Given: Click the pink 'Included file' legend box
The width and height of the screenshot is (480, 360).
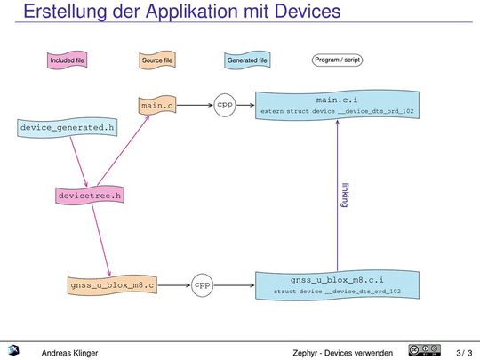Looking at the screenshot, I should tap(68, 60).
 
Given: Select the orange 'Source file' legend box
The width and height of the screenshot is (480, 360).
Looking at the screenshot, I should tap(157, 60).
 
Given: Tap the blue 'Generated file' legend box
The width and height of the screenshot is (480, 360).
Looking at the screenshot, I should tap(247, 60).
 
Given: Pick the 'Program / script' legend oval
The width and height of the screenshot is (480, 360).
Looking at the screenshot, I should tap(337, 60).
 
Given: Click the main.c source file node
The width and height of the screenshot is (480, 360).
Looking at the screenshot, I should tap(157, 106).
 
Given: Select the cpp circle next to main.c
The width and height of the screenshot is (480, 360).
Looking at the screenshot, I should tap(225, 105).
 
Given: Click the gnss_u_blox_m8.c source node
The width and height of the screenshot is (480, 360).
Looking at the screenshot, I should tap(113, 285).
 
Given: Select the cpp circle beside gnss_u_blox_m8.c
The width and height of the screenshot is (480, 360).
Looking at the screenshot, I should tap(202, 285).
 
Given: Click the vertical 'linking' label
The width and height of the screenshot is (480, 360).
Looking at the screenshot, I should tap(345, 196).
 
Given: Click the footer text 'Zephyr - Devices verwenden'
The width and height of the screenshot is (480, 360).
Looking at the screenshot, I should tap(342, 352).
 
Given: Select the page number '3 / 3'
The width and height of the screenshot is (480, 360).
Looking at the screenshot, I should tap(463, 352).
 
